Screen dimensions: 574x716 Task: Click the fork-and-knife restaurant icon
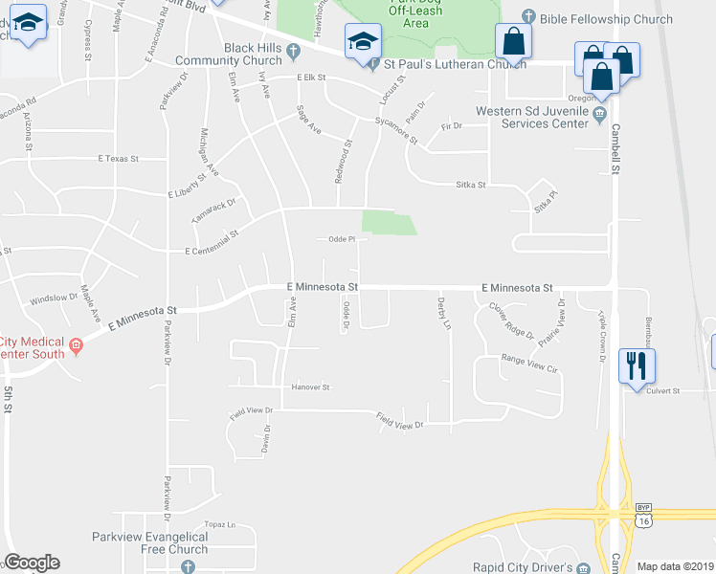coord(636,365)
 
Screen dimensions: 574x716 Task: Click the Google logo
coord(32,563)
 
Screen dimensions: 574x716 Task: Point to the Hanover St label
coord(310,387)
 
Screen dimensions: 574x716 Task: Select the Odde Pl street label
coord(342,239)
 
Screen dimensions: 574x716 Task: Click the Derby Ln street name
coord(443,312)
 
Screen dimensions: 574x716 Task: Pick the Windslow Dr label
coord(53,298)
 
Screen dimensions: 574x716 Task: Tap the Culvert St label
coord(662,390)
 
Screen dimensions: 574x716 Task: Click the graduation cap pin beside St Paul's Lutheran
coord(364,43)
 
